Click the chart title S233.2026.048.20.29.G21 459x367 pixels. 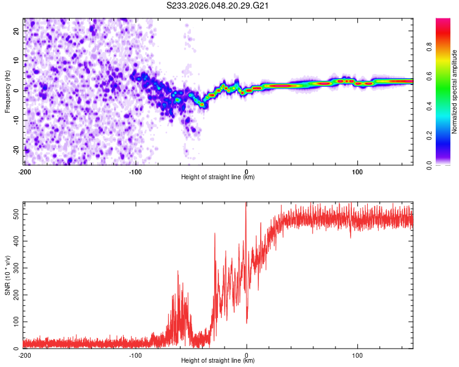pyautogui.click(x=218, y=6)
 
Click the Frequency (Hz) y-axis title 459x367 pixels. pyautogui.click(x=7, y=91)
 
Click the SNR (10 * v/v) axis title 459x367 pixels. pyautogui.click(x=7, y=275)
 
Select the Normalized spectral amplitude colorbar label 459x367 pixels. pyautogui.click(x=454, y=92)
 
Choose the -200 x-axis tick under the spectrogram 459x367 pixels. pyautogui.click(x=25, y=172)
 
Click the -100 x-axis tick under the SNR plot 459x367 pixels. pyautogui.click(x=135, y=355)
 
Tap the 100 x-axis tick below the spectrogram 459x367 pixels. pyautogui.click(x=357, y=172)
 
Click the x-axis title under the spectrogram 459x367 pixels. pyautogui.click(x=218, y=177)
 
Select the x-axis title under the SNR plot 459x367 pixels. pyautogui.click(x=218, y=361)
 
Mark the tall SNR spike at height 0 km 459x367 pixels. pyautogui.click(x=246, y=208)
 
